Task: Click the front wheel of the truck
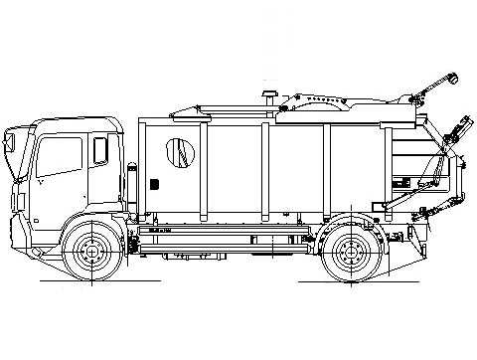pyautogui.click(x=92, y=251)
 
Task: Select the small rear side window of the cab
pyautogui.click(x=100, y=150)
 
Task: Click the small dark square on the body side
pyautogui.click(x=155, y=182)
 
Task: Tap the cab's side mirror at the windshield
pyautogui.click(x=14, y=145)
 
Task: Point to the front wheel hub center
pyautogui.click(x=92, y=251)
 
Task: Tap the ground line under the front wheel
pyautogui.click(x=91, y=281)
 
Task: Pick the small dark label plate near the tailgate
pyautogui.click(x=402, y=182)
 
